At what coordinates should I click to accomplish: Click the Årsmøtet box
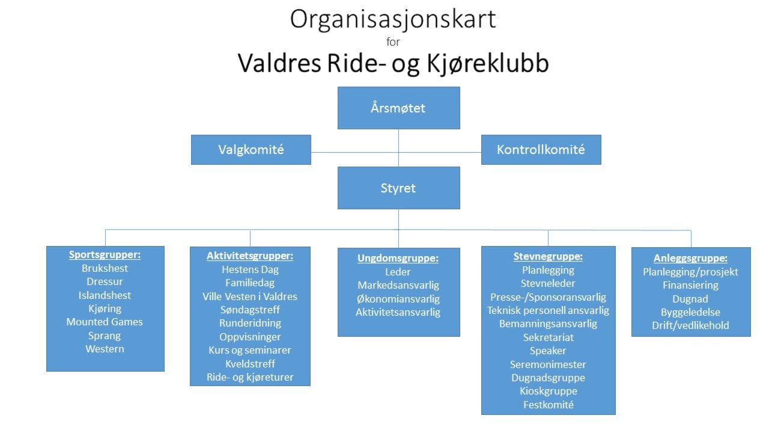point(398,108)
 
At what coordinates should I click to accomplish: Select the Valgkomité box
point(251,150)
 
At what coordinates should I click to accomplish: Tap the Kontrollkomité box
point(541,150)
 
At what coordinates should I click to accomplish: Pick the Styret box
point(398,188)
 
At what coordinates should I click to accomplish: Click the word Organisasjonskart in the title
point(393,19)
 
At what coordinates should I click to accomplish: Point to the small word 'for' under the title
point(393,42)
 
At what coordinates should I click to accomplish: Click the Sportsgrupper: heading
point(105,255)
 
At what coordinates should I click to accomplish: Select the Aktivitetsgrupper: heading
point(250,256)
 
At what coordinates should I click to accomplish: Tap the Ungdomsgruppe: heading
point(398,259)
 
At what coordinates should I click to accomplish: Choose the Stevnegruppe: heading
point(548,257)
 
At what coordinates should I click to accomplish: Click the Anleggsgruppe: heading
point(690,259)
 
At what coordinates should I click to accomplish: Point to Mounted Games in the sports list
point(105,322)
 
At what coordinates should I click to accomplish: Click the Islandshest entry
point(105,295)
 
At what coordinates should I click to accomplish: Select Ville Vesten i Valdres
point(250,296)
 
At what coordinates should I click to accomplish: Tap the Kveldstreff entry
point(250,364)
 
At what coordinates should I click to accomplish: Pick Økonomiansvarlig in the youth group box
point(398,299)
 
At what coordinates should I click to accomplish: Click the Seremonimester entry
point(548,364)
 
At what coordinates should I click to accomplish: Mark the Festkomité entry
point(549,405)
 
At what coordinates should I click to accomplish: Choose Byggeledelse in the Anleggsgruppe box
point(690,312)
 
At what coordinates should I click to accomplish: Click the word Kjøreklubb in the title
point(488,64)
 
